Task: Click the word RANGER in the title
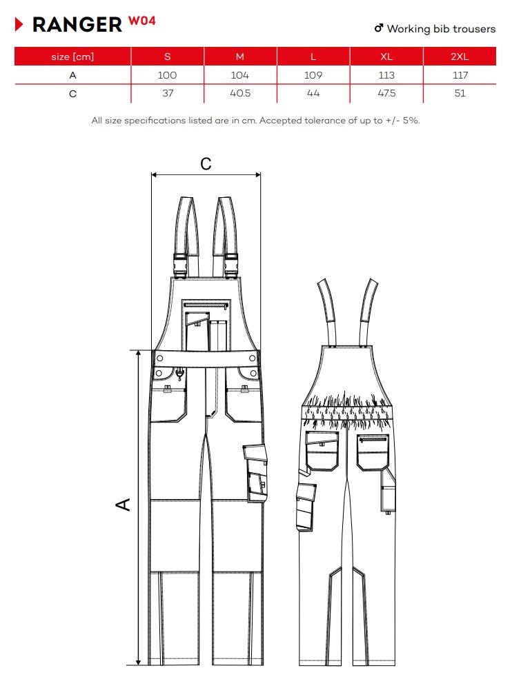pyautogui.click(x=77, y=25)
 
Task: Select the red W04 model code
pyautogui.click(x=141, y=21)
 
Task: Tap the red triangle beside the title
pyautogui.click(x=19, y=24)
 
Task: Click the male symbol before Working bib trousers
pyautogui.click(x=379, y=28)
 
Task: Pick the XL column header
pyautogui.click(x=386, y=57)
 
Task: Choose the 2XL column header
pyautogui.click(x=460, y=57)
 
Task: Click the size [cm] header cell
pyautogui.click(x=72, y=57)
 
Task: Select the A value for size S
pyautogui.click(x=168, y=75)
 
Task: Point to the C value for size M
pyautogui.click(x=240, y=93)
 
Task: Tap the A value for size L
pyautogui.click(x=313, y=75)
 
